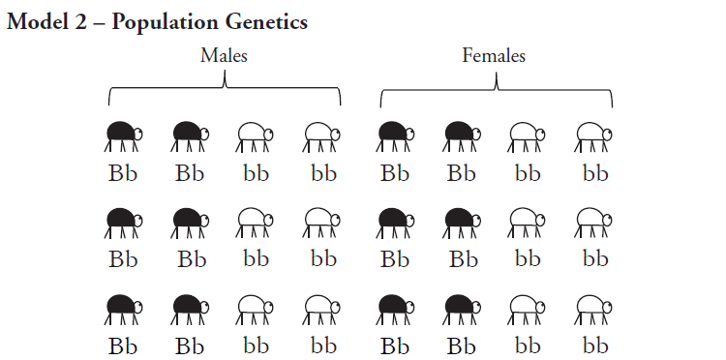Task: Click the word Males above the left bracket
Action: (224, 55)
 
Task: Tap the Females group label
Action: (494, 55)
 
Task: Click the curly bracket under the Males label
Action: (225, 91)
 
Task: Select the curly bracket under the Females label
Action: (496, 91)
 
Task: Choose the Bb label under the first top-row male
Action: (123, 174)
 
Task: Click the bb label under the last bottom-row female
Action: (595, 345)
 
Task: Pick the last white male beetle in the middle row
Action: (323, 222)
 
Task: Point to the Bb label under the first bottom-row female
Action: (395, 345)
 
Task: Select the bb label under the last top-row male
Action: (324, 174)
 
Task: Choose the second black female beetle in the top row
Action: (461, 136)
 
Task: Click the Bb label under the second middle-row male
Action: (192, 259)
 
